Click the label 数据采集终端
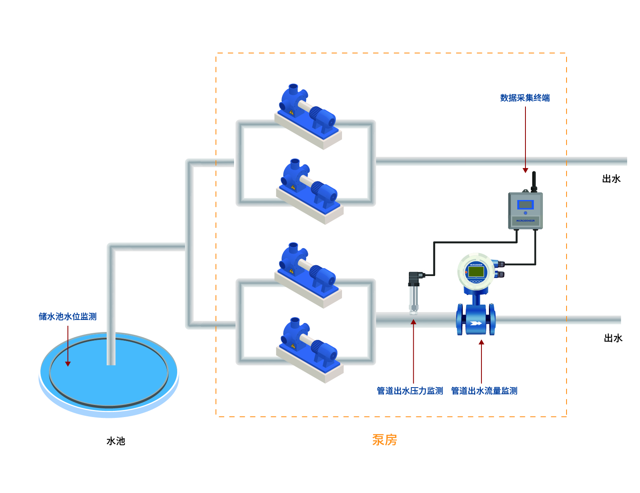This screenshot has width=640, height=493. [x=525, y=98]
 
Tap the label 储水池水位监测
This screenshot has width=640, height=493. [x=68, y=317]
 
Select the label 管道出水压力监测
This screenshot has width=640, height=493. [x=410, y=391]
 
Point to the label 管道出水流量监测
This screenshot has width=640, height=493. [x=484, y=391]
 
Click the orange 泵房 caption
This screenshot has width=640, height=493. [x=384, y=440]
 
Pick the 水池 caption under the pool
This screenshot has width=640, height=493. [x=116, y=441]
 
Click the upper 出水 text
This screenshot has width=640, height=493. [x=611, y=179]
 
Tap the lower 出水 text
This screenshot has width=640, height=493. [x=613, y=338]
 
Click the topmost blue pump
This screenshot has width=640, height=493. [x=308, y=112]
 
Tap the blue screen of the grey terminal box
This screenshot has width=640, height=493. [x=525, y=205]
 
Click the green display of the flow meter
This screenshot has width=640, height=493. [x=476, y=272]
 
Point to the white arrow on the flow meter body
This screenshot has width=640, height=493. [x=476, y=323]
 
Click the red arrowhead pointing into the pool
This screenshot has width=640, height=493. [x=68, y=364]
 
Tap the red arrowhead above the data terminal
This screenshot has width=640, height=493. [x=525, y=170]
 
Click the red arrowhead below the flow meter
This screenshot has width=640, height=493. [x=481, y=342]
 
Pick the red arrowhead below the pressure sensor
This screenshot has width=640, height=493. [x=413, y=322]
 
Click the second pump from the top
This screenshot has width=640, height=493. [x=309, y=187]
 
